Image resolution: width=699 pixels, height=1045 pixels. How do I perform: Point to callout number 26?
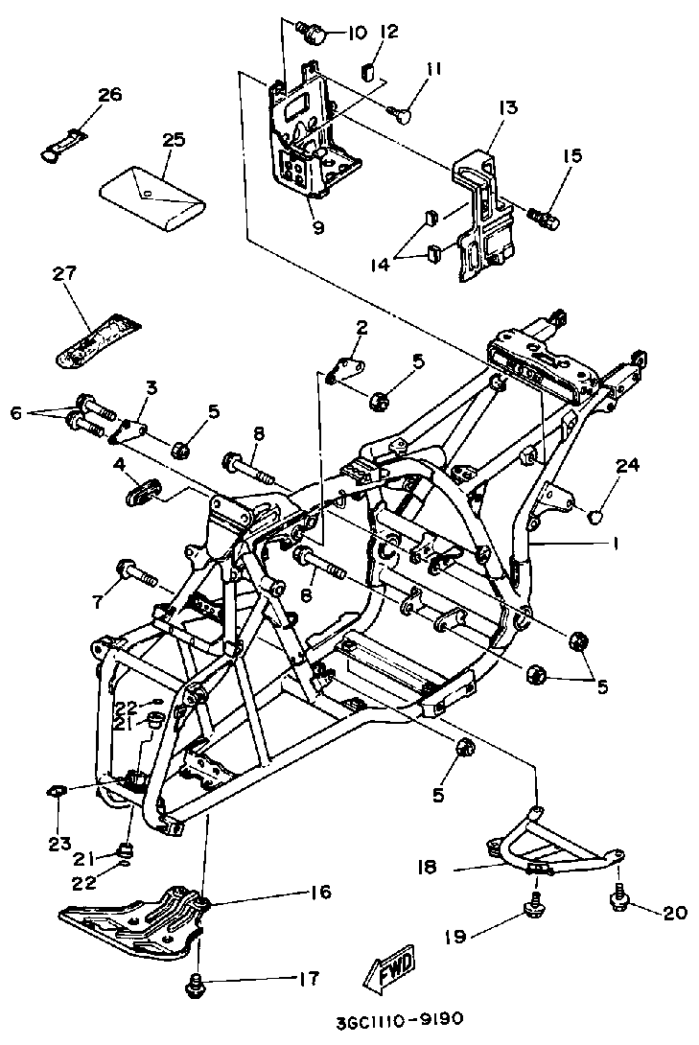pyautogui.click(x=110, y=95)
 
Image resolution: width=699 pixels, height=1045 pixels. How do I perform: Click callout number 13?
pyautogui.click(x=507, y=107)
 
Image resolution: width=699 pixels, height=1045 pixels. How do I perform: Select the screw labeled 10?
pyautogui.click(x=314, y=35)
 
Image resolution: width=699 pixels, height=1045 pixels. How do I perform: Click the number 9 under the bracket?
pyautogui.click(x=317, y=227)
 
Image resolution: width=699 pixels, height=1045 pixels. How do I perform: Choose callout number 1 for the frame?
pyautogui.click(x=615, y=544)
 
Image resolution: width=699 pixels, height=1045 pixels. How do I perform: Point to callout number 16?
pyautogui.click(x=320, y=893)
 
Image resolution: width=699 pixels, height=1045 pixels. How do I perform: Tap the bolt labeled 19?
pyautogui.click(x=533, y=907)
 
